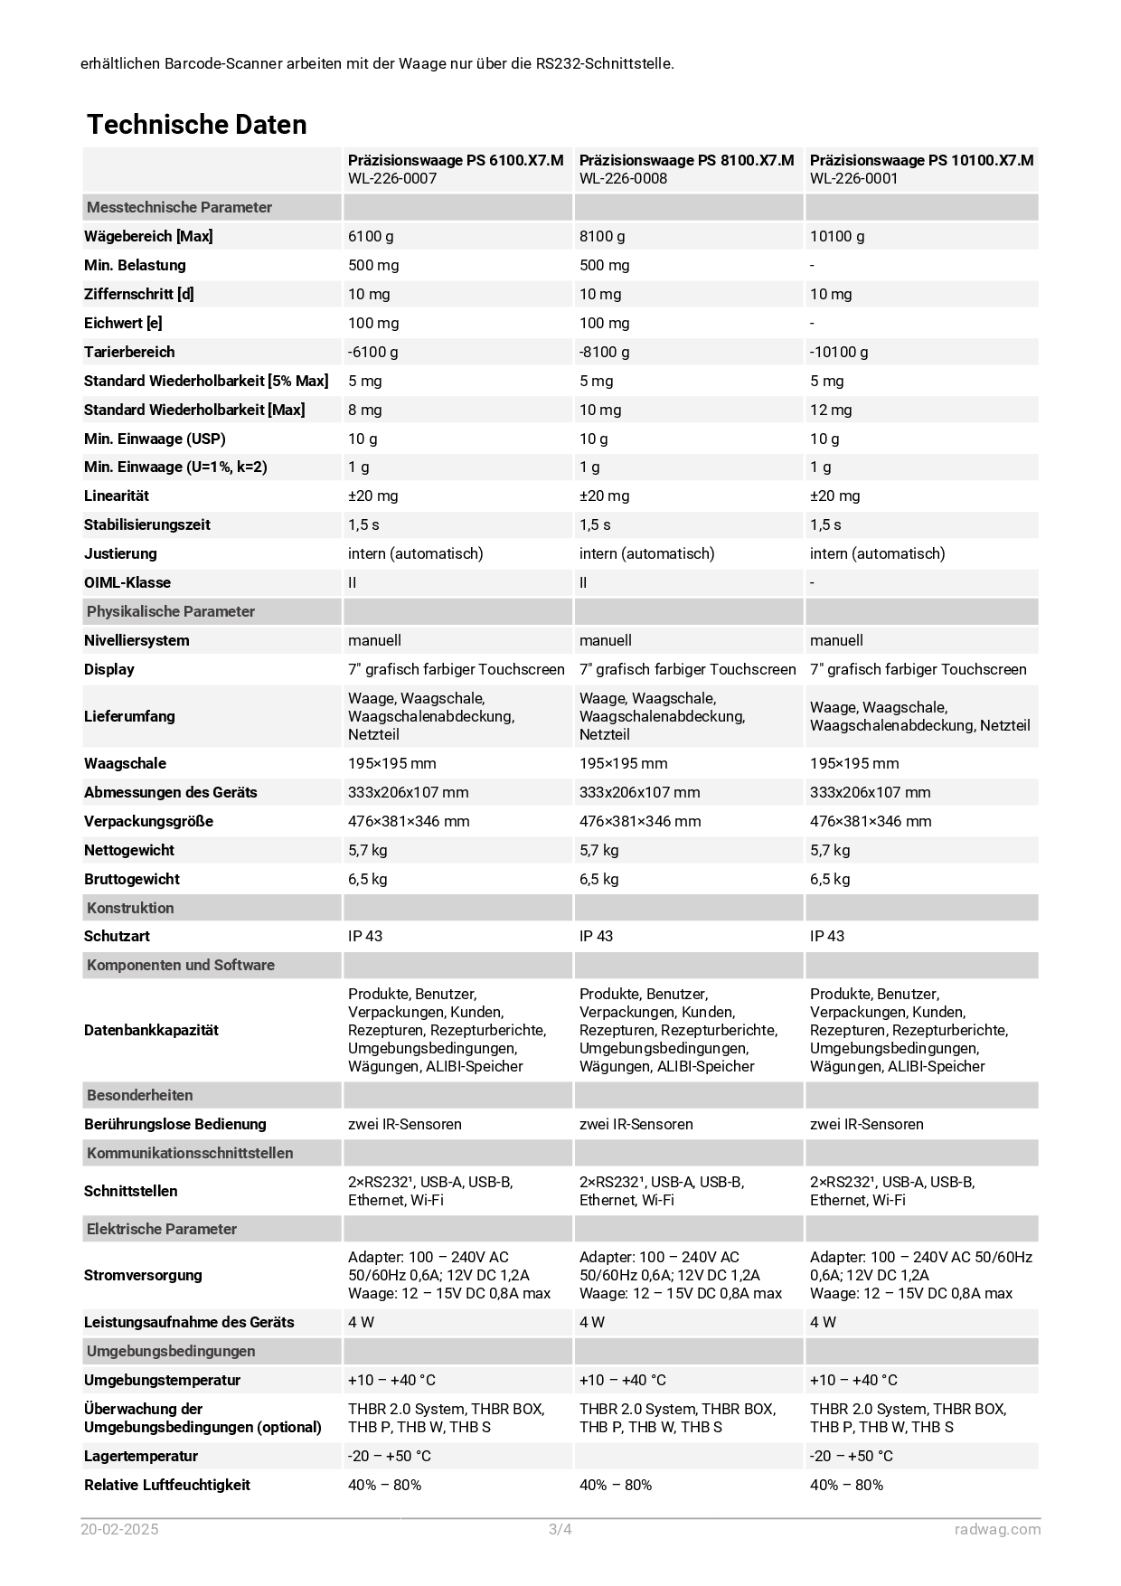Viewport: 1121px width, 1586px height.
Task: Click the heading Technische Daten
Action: tap(196, 125)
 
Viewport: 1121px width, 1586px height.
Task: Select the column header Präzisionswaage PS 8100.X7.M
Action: tap(686, 160)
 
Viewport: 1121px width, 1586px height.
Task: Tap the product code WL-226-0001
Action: tap(853, 178)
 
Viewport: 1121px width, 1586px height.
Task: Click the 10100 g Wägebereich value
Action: tap(836, 236)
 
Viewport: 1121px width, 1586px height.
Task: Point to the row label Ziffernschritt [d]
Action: tap(138, 294)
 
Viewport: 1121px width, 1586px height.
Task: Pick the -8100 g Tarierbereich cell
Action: tap(604, 352)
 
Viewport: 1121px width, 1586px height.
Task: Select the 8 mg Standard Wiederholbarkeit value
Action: tap(364, 410)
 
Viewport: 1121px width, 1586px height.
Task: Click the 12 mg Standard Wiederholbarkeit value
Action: tap(830, 410)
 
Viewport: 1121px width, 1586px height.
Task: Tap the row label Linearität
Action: tap(117, 496)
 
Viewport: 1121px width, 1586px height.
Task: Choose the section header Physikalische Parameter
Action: tap(170, 611)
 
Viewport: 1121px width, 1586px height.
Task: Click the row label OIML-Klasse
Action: tap(127, 582)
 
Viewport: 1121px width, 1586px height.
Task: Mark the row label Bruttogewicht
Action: tap(132, 879)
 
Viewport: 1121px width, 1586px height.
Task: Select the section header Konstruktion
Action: tap(130, 908)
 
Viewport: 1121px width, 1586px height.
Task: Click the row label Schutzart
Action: tap(117, 936)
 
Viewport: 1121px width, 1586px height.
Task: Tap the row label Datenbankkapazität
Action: tap(151, 1030)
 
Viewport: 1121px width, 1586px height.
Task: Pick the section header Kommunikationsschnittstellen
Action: tap(190, 1153)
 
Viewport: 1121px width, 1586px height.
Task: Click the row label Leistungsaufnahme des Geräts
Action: tap(189, 1322)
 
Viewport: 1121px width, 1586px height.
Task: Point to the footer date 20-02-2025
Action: tap(119, 1529)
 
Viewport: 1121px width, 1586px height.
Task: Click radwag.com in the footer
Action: tap(997, 1529)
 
